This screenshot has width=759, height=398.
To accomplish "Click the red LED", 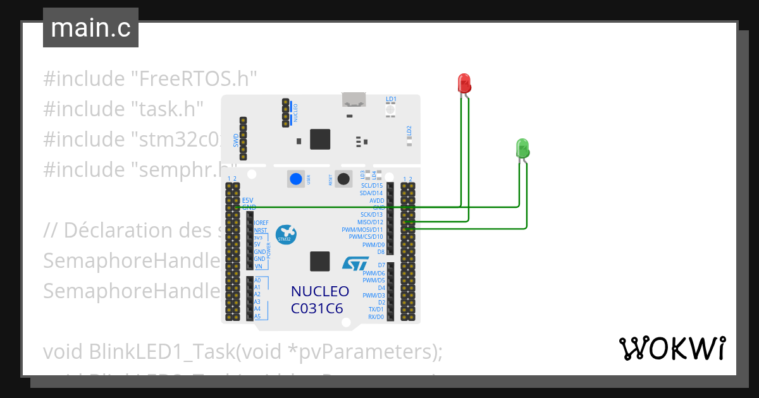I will click(x=464, y=83).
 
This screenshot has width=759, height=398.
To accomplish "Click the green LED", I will click(x=522, y=148).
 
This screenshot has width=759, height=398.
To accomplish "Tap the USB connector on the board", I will click(x=354, y=99).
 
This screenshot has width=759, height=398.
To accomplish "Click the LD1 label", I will click(x=391, y=99).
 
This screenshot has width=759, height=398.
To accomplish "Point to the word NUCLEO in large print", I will click(x=319, y=291).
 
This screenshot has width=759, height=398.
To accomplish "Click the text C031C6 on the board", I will click(x=317, y=308).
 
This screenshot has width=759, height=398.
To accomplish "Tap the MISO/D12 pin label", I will click(x=370, y=222).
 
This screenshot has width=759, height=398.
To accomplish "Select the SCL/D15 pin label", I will click(x=371, y=186).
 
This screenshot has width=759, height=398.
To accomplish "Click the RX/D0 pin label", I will click(x=376, y=317).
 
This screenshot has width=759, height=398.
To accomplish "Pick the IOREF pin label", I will click(x=261, y=223).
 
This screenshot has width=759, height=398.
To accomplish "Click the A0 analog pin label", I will click(x=257, y=280).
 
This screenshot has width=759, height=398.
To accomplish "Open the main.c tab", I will click(x=90, y=28).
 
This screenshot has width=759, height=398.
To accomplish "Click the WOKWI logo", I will click(x=672, y=348).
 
